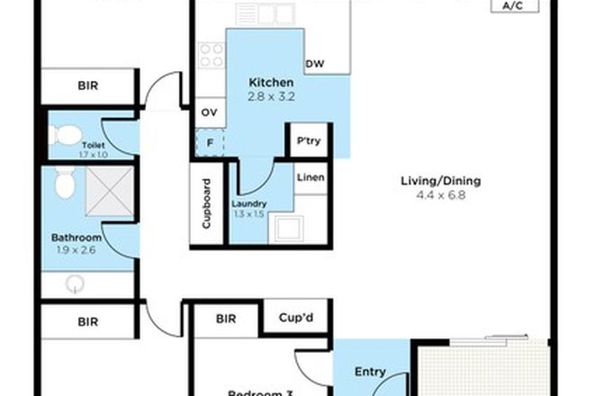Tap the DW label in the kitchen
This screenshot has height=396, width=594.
pyautogui.click(x=314, y=64)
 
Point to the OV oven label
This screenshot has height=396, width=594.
pyautogui.click(x=209, y=112)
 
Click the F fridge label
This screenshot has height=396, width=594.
pyautogui.click(x=209, y=142)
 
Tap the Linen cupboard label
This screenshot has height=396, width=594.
pyautogui.click(x=310, y=177)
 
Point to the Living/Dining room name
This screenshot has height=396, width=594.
pyautogui.click(x=440, y=180)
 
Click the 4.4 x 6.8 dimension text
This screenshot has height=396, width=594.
pyautogui.click(x=440, y=193)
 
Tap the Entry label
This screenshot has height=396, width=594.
pyautogui.click(x=370, y=372)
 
